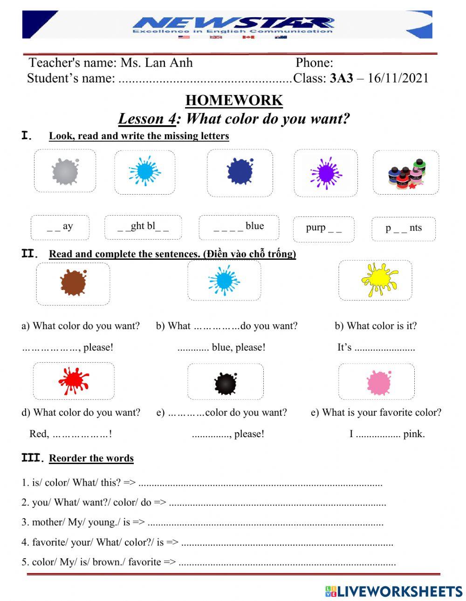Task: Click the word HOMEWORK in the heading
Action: (x=234, y=100)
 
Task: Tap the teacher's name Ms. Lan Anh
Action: (x=157, y=62)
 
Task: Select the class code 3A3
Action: (x=342, y=78)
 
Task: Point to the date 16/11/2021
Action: (x=397, y=78)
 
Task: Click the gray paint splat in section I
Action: (x=65, y=171)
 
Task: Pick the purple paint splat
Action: (x=326, y=173)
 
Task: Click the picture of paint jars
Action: (x=405, y=173)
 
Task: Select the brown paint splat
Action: (x=73, y=283)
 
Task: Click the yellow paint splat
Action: (x=378, y=279)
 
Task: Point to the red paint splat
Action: (x=73, y=381)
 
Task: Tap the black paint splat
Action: (x=226, y=383)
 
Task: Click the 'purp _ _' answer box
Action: (x=323, y=229)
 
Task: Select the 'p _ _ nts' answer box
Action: (x=404, y=229)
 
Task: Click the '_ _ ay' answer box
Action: (x=60, y=227)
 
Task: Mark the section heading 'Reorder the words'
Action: (x=91, y=458)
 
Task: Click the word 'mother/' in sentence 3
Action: (x=48, y=522)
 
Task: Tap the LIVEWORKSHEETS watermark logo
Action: (x=394, y=591)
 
